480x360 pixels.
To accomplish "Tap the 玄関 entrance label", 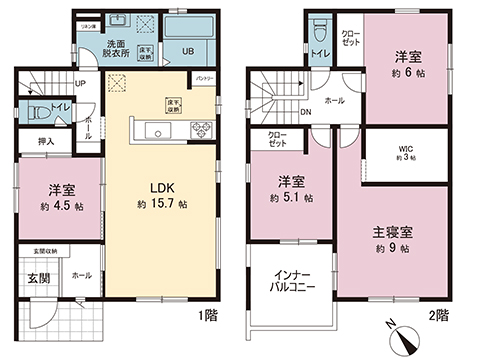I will tap(36, 277).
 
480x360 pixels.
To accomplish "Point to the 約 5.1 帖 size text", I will tap(295, 198).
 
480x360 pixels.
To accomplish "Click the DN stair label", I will tap(305, 112).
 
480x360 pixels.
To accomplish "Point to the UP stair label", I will tap(80, 84).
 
